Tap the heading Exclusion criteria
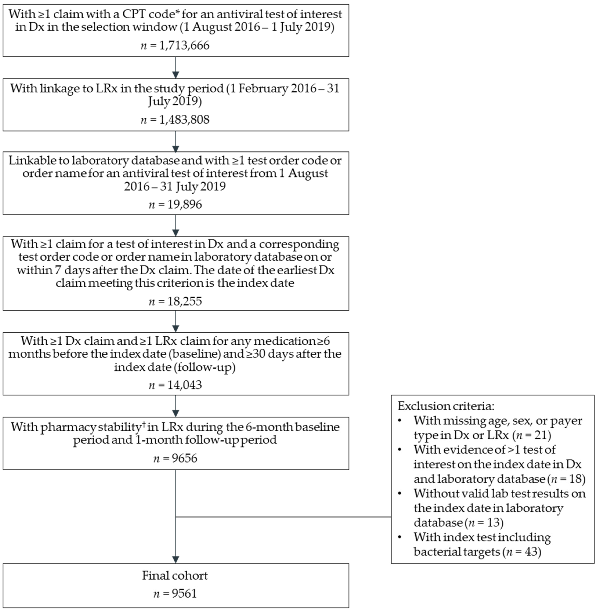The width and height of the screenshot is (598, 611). click(446, 406)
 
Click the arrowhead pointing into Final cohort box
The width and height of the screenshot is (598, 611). click(176, 559)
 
